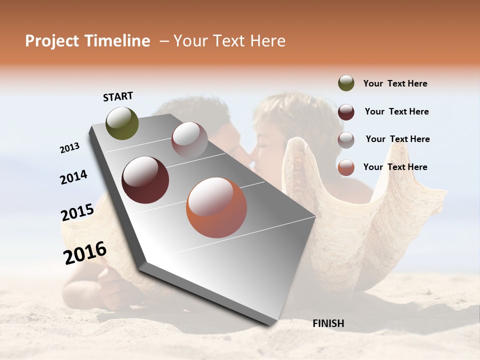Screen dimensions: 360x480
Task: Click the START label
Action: pos(118,96)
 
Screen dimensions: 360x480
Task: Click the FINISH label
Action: pos(328,323)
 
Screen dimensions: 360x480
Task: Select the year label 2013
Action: pos(70,147)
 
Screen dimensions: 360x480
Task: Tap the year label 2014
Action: pos(73,177)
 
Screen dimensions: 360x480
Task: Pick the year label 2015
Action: pos(77,212)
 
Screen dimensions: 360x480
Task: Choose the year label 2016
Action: pos(85,253)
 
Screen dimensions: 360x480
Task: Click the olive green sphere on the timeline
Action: pos(122,123)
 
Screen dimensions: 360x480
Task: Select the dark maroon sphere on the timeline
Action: pos(145,180)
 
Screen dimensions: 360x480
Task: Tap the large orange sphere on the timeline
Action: pos(216,207)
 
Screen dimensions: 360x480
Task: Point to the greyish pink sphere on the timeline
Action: pos(189,139)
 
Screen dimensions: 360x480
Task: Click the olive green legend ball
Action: pos(346,83)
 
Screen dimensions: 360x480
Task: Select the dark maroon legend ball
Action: pos(346,112)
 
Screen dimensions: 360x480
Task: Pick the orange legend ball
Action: pos(346,167)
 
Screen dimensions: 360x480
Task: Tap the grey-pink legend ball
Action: pos(346,140)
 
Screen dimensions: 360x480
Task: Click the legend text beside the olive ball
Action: pos(395,83)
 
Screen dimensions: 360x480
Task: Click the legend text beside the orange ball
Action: pos(395,167)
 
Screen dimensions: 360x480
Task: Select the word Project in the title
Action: pos(52,41)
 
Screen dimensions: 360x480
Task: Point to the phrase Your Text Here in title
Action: pos(229,41)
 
